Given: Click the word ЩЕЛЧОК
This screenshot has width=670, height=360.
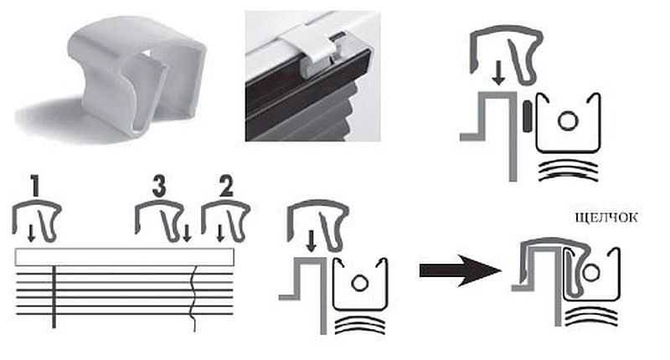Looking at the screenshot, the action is tap(606, 218).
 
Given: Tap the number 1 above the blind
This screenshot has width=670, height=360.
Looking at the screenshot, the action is tap(35, 185).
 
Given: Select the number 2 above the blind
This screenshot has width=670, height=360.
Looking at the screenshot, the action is tap(226, 185).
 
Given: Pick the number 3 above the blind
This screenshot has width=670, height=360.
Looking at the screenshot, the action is tap(159, 186).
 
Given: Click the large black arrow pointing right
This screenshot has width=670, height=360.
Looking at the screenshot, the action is tap(460, 270).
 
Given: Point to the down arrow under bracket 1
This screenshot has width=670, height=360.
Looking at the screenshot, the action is tap(31, 234).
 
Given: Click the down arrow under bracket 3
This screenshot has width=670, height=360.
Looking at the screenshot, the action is tap(187, 234).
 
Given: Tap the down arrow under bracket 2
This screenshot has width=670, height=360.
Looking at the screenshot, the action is tap(220, 234).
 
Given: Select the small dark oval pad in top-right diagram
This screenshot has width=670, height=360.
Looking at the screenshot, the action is tap(527, 116).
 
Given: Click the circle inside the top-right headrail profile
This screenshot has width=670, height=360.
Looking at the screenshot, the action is tap(568, 121).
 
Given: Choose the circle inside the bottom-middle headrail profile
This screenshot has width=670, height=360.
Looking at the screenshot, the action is tap(359, 282).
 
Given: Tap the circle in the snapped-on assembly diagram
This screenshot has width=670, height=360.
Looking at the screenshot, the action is tap(591, 272).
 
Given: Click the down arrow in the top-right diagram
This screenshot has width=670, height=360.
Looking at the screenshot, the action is tap(497, 73).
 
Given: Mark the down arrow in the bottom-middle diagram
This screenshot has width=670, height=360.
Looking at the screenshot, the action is tap(312, 241).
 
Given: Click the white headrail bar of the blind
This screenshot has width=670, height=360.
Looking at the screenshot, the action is tap(124, 257).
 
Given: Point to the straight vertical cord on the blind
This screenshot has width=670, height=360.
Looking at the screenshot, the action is tap(54, 297).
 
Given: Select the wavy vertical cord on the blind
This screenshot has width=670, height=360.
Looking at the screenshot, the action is tap(194, 299).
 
